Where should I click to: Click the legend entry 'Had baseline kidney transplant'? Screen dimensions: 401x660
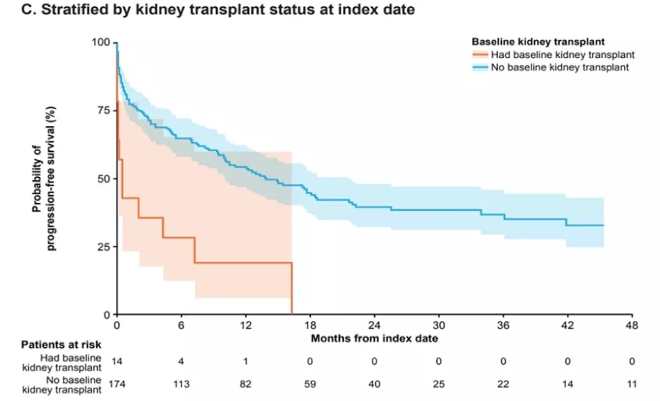[x=561, y=55]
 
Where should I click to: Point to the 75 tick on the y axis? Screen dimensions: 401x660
[x=103, y=110]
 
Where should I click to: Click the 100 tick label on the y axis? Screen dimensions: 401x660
[x=100, y=42]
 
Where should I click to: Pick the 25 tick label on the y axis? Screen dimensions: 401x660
[x=103, y=247]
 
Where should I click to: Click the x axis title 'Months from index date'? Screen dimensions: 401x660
[x=374, y=338]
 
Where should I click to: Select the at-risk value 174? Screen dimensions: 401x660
[x=117, y=384]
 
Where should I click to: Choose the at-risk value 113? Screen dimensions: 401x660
[x=181, y=384]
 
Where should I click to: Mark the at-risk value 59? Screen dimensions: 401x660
[x=310, y=384]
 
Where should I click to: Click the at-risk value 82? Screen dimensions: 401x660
[x=246, y=384]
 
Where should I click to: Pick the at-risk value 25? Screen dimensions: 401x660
[x=438, y=384]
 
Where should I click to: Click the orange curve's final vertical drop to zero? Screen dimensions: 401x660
[x=292, y=290]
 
